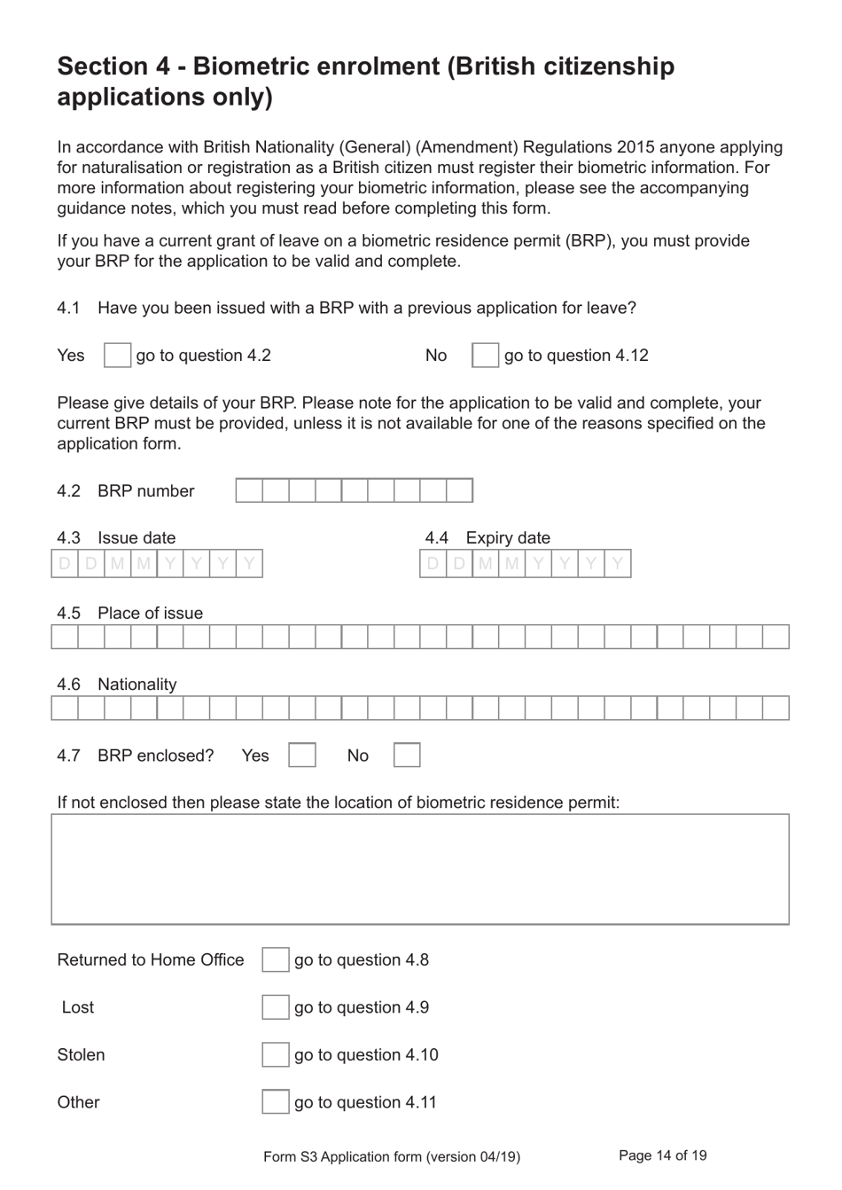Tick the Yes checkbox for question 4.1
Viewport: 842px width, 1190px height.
(x=117, y=356)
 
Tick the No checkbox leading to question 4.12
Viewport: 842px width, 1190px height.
(x=485, y=356)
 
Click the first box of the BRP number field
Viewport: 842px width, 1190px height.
(x=249, y=490)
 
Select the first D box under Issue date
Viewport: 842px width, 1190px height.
(x=65, y=564)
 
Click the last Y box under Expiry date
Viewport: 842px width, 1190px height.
(x=618, y=564)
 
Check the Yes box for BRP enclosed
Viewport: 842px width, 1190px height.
(x=302, y=755)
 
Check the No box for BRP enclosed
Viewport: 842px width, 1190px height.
(x=407, y=755)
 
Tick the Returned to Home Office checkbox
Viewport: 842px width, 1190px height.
(x=276, y=959)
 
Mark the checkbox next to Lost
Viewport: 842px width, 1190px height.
(x=276, y=1007)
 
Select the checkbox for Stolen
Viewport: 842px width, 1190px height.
(x=276, y=1054)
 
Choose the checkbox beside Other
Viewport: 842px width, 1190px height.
(x=276, y=1102)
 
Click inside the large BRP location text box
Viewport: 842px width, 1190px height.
(x=420, y=869)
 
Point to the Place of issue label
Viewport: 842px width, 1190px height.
(x=150, y=614)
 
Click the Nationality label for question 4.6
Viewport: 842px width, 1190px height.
(x=136, y=685)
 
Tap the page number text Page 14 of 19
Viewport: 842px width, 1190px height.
(x=662, y=1155)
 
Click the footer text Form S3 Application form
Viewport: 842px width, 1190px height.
(x=391, y=1156)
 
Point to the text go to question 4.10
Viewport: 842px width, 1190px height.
(x=366, y=1055)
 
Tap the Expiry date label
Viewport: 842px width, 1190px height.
(x=508, y=538)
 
